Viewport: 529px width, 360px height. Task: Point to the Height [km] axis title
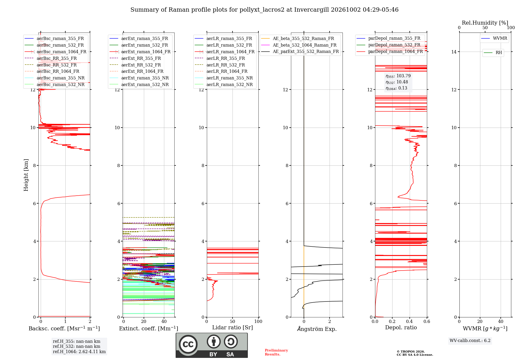26,175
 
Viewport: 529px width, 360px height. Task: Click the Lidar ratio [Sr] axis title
232,327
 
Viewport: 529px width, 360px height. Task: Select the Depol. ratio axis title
401,327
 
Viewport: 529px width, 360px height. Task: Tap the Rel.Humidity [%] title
485,23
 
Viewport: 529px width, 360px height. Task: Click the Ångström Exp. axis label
317,329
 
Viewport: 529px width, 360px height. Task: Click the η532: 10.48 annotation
397,82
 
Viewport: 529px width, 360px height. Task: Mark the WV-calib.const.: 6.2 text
470,341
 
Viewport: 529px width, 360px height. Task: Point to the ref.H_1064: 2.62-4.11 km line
79,352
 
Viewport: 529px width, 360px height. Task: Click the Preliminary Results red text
276,352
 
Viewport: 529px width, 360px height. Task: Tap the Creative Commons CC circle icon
188,344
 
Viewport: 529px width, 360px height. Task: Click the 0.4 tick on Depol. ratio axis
409,322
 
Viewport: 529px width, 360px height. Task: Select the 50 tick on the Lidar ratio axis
232,322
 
